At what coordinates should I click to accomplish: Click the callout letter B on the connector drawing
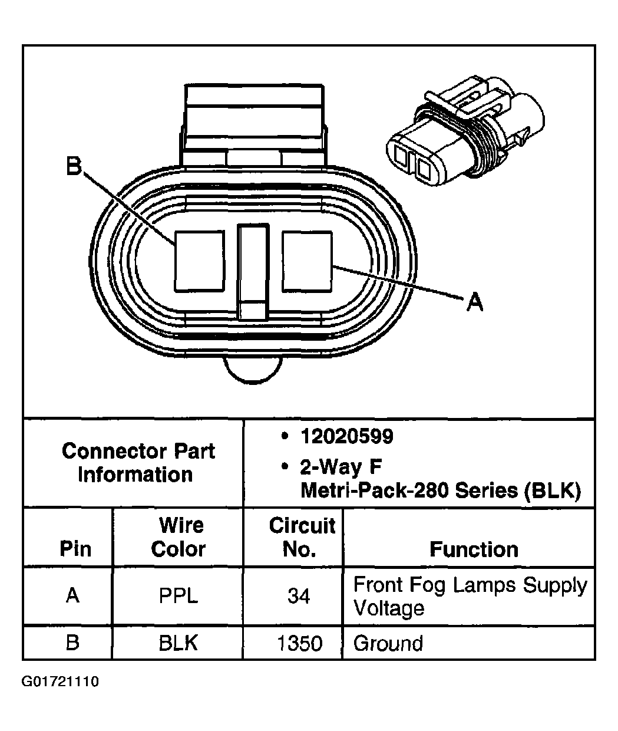click(x=73, y=166)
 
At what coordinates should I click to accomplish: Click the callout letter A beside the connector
click(x=474, y=302)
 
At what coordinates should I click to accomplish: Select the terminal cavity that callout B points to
click(x=200, y=261)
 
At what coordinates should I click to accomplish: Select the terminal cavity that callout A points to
click(x=308, y=261)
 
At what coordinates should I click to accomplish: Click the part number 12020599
click(x=346, y=437)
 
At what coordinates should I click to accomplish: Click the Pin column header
click(x=75, y=549)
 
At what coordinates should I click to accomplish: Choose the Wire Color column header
click(x=179, y=537)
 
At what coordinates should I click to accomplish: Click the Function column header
click(x=474, y=549)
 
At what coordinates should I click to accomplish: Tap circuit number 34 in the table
click(x=299, y=596)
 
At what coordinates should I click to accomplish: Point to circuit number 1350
click(x=300, y=643)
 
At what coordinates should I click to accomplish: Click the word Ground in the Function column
click(x=388, y=643)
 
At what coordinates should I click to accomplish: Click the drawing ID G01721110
click(x=61, y=683)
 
